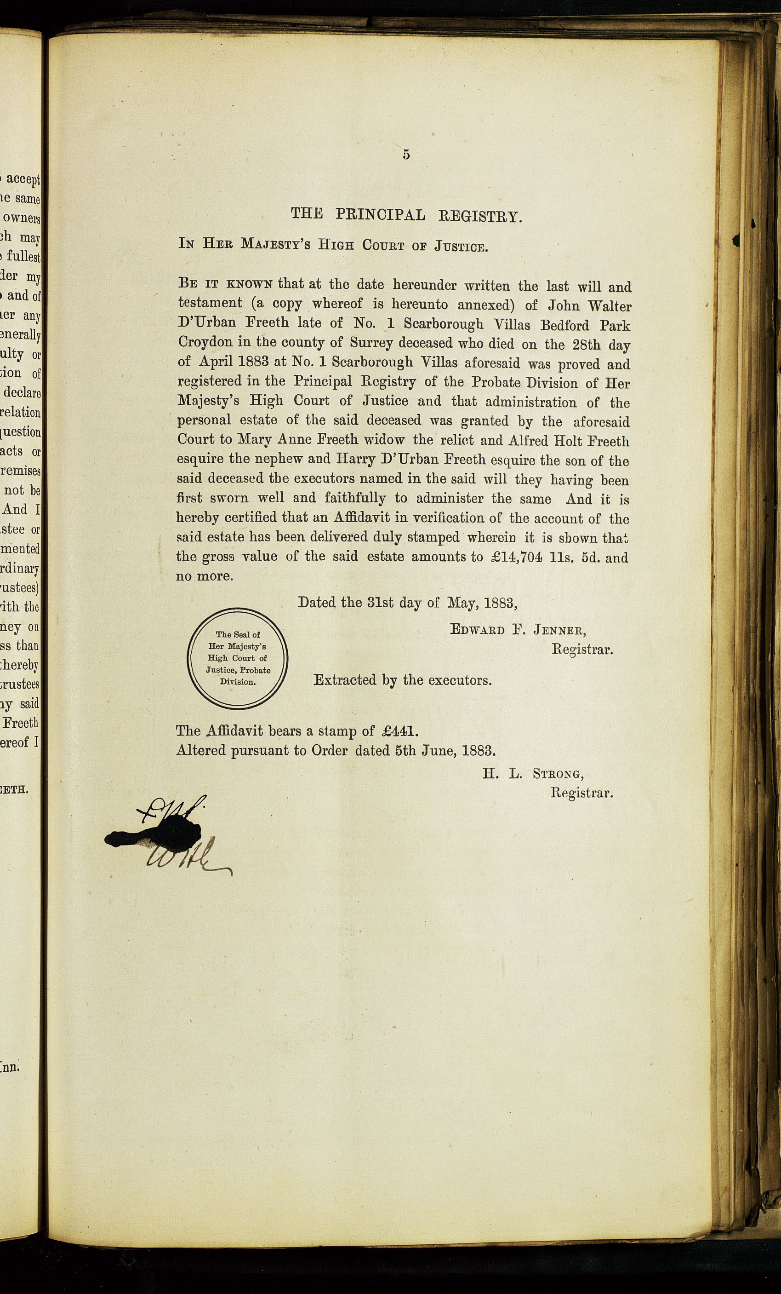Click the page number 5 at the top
click(x=406, y=155)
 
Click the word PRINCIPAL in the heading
click(x=381, y=215)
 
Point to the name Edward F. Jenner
click(x=518, y=630)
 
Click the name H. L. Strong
click(x=533, y=774)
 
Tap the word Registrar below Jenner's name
click(x=582, y=650)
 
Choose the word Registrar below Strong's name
click(x=581, y=793)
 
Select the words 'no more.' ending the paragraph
click(x=204, y=576)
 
